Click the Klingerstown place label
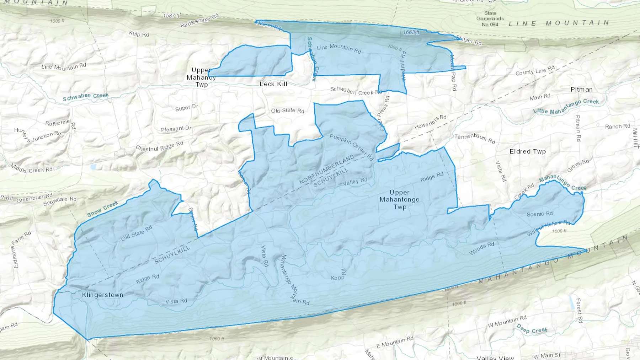pyautogui.click(x=102, y=295)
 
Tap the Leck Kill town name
pyautogui.click(x=273, y=84)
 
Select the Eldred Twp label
pyautogui.click(x=527, y=151)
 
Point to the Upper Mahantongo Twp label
pyautogui.click(x=399, y=199)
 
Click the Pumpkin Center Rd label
pyautogui.click(x=351, y=147)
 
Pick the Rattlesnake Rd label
pyautogui.click(x=199, y=21)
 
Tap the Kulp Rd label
pyautogui.click(x=139, y=34)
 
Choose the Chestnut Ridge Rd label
pyautogui.click(x=159, y=146)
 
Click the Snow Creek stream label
pyautogui.click(x=102, y=209)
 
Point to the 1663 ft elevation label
pyautogui.click(x=411, y=32)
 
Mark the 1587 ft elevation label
pyautogui.click(x=172, y=16)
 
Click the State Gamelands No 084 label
pyautogui.click(x=490, y=19)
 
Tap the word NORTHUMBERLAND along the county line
pyautogui.click(x=327, y=170)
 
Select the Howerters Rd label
pyautogui.click(x=430, y=122)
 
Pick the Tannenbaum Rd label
pyautogui.click(x=475, y=139)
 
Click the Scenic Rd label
pyautogui.click(x=539, y=214)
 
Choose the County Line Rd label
pyautogui.click(x=535, y=70)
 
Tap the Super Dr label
pyautogui.click(x=186, y=108)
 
